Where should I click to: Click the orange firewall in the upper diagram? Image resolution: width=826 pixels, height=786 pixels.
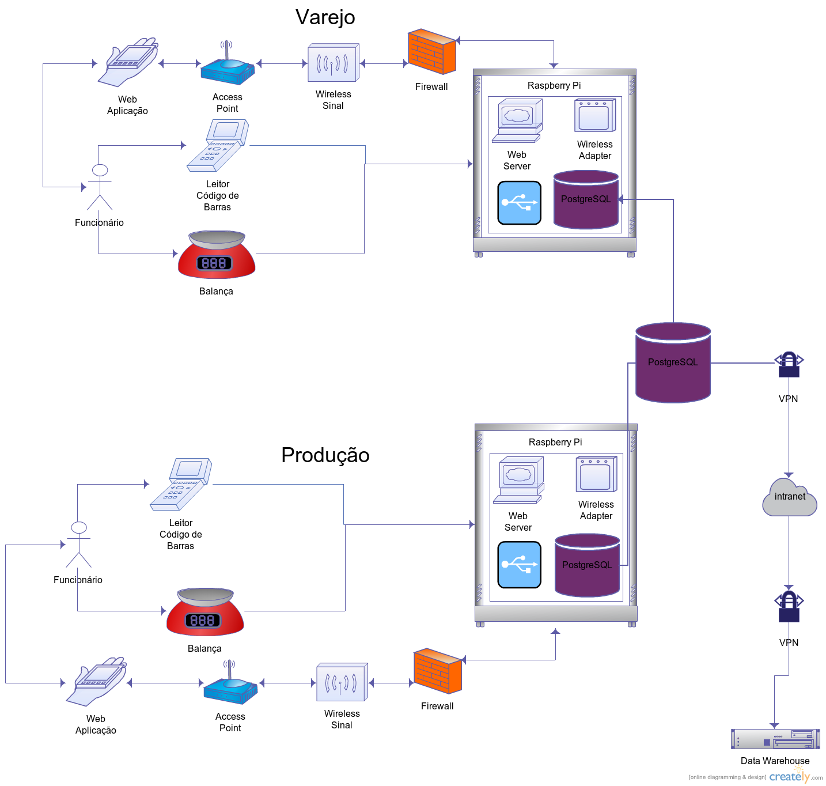(x=431, y=52)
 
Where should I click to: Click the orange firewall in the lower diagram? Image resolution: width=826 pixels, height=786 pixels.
(x=437, y=671)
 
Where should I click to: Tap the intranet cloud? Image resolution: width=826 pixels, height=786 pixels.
(x=789, y=498)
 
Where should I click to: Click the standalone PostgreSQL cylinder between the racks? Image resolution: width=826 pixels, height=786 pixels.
(x=673, y=362)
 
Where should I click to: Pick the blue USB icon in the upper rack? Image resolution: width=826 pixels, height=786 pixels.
(x=519, y=203)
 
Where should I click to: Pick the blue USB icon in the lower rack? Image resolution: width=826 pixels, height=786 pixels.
(x=519, y=565)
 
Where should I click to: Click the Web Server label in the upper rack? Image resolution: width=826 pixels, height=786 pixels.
(x=517, y=160)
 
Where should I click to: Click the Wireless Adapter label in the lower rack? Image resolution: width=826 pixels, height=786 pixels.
(x=596, y=510)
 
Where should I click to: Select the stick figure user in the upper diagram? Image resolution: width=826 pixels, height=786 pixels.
(x=100, y=187)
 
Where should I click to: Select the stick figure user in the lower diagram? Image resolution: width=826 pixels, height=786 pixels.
(x=78, y=545)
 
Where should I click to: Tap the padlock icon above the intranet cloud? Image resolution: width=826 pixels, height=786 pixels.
(x=789, y=365)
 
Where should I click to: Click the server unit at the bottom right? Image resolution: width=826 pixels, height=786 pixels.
(x=775, y=739)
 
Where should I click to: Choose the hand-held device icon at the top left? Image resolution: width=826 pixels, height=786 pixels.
(x=128, y=62)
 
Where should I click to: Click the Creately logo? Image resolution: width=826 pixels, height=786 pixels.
(x=790, y=776)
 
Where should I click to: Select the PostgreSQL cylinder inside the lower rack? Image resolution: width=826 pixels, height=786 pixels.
(x=587, y=565)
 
